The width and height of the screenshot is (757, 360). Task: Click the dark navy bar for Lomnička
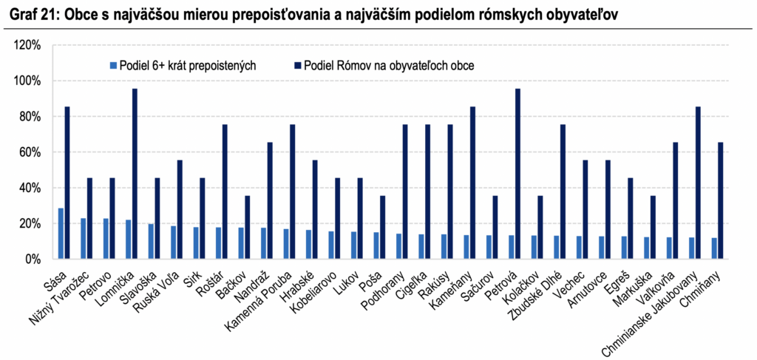pos(135,174)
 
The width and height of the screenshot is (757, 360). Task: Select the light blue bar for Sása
pos(61,234)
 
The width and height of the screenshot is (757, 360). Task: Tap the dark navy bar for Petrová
pos(517,174)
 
